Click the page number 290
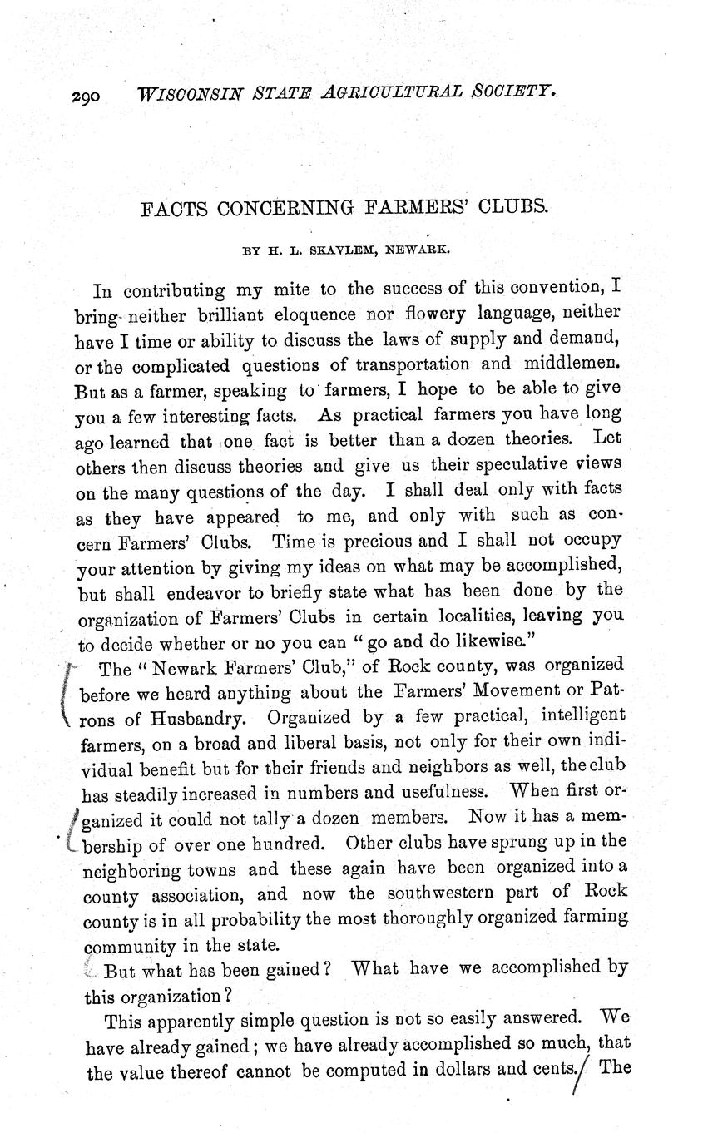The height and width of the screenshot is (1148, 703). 85,96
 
